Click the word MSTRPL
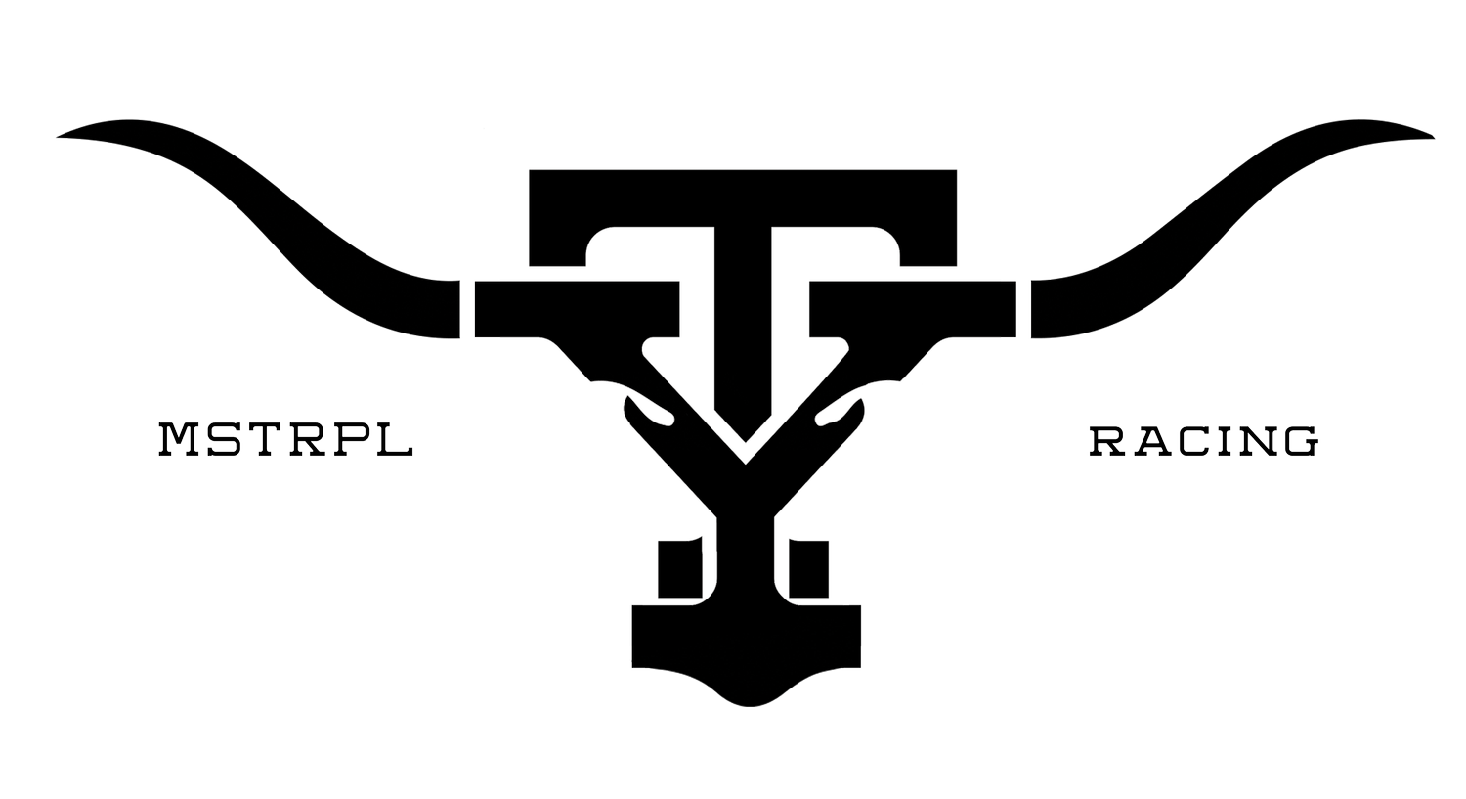click(x=286, y=439)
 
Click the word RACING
click(x=1203, y=441)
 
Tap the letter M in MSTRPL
click(x=179, y=439)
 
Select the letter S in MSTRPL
click(x=223, y=439)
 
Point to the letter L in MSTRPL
click(x=395, y=439)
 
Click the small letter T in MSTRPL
click(x=263, y=439)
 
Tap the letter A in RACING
click(x=1150, y=441)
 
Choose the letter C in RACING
click(x=1191, y=441)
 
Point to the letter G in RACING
click(x=1301, y=441)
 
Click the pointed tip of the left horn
click(x=58, y=137)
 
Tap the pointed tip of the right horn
click(x=1434, y=137)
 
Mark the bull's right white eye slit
click(x=840, y=414)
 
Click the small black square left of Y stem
click(x=680, y=568)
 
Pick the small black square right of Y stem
click(x=808, y=569)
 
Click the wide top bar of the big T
click(x=743, y=198)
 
